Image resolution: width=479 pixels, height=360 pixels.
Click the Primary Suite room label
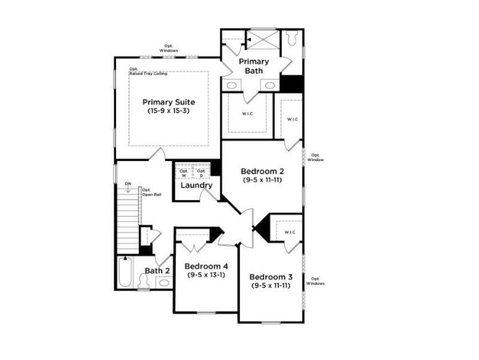click(168, 102)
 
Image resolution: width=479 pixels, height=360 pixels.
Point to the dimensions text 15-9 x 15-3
click(168, 111)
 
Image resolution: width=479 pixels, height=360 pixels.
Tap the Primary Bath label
click(254, 66)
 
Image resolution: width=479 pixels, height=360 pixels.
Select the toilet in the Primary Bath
click(292, 39)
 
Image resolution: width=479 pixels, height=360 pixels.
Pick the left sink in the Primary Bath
click(232, 85)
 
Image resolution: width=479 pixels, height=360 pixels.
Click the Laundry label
click(196, 186)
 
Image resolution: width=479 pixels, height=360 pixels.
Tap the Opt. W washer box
click(184, 173)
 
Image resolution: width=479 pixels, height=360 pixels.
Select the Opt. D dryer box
click(202, 173)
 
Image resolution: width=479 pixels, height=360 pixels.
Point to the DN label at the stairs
click(128, 183)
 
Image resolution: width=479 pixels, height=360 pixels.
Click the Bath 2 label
click(157, 271)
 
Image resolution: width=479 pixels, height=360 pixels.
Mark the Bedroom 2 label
click(263, 171)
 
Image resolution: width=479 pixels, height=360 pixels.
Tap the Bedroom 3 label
click(271, 277)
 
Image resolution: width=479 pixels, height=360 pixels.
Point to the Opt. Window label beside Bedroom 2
click(316, 158)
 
